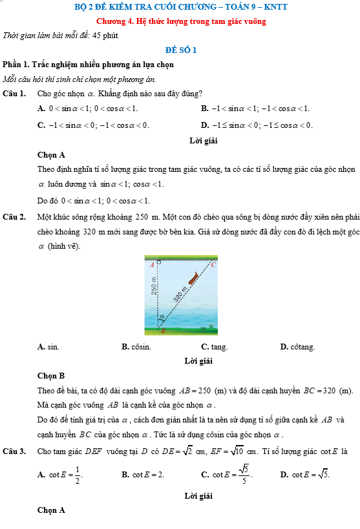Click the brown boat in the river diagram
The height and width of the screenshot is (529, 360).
coord(193,277)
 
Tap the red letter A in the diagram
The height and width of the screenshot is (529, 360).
coord(152,265)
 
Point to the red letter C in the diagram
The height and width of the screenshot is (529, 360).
coord(213,265)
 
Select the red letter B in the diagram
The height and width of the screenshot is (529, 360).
coord(163,331)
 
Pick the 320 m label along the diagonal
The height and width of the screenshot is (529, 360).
coord(180,294)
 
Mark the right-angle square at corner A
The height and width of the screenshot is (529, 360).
coord(159,262)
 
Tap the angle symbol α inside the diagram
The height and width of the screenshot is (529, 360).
coord(162,316)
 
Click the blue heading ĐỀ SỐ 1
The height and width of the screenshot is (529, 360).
coord(181,50)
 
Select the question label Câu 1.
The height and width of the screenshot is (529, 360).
coord(14,94)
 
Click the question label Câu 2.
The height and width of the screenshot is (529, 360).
coord(14,217)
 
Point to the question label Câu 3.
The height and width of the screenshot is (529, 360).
coord(14,451)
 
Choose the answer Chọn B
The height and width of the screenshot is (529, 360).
coord(51,376)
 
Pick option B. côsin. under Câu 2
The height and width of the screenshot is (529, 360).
coord(136,347)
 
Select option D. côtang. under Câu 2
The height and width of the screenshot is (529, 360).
coord(297,347)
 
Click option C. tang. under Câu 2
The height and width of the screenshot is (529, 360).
coord(215,347)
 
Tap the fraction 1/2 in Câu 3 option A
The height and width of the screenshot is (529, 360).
coord(78,475)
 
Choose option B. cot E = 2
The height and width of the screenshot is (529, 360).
coord(143,475)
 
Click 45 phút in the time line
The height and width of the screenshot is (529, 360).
coord(105,36)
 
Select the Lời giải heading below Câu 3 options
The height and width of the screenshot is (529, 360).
coord(198,496)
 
